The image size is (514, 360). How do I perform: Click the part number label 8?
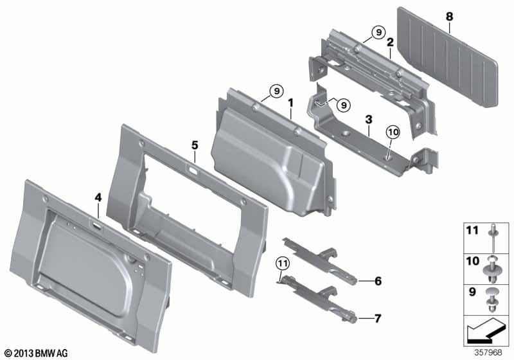(x=449, y=17)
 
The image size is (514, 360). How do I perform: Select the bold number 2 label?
(x=390, y=42)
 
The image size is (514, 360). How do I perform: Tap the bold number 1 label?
(x=290, y=103)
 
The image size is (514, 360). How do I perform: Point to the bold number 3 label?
(x=369, y=120)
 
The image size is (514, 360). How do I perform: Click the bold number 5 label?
(x=195, y=145)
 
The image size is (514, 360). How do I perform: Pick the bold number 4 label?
(x=98, y=197)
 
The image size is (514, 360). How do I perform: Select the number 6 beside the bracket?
(x=378, y=281)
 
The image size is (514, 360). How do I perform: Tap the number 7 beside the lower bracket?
(x=378, y=318)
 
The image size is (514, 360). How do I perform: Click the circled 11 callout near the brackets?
(x=283, y=264)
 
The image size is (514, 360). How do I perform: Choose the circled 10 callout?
(x=393, y=132)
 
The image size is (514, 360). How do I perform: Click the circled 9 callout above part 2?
(x=378, y=32)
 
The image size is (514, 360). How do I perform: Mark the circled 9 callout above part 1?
(x=277, y=91)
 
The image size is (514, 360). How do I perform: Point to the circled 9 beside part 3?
(x=344, y=105)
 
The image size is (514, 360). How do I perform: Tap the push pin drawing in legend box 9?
(x=492, y=300)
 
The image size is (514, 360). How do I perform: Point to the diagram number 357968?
(x=488, y=352)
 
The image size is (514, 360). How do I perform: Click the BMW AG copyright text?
(x=37, y=353)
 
